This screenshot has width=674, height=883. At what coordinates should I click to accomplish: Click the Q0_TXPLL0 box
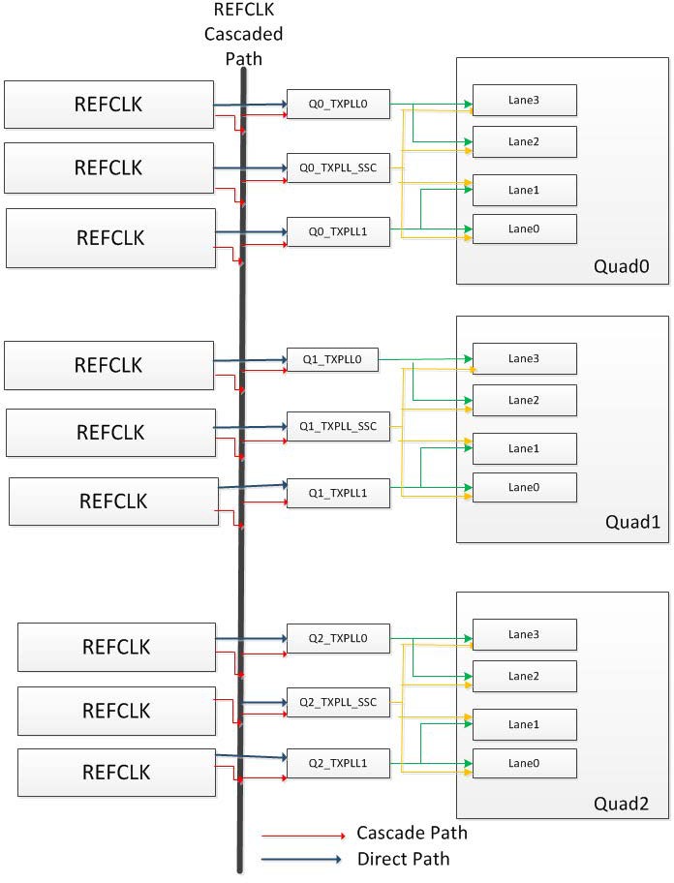337,104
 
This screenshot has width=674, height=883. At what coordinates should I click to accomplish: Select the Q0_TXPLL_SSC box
337,167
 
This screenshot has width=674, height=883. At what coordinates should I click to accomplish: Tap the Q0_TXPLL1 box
337,232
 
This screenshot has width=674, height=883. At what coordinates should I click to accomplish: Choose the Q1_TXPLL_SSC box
337,425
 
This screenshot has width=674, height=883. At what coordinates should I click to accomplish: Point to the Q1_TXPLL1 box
337,491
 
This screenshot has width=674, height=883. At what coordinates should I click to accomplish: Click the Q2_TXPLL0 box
337,637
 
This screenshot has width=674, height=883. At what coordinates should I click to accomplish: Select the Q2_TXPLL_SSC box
337,702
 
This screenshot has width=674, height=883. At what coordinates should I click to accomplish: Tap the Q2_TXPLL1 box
337,765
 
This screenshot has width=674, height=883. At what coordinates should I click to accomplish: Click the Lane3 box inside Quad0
524,100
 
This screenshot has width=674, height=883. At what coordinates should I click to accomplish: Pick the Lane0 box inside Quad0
524,228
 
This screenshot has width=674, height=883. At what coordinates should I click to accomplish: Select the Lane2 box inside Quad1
524,400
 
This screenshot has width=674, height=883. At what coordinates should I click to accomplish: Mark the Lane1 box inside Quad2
524,724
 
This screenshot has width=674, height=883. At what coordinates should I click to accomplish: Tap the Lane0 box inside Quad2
524,764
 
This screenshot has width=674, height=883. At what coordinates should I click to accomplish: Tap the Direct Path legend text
403,859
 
